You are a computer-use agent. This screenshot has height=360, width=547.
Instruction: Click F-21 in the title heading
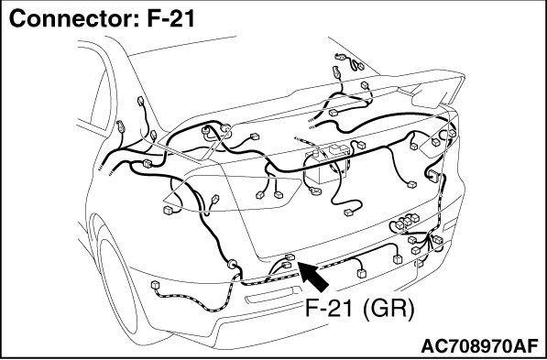point(171,18)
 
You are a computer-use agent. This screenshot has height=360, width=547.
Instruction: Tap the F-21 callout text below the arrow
point(331,308)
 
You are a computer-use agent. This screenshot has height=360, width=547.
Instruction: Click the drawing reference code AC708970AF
point(480,346)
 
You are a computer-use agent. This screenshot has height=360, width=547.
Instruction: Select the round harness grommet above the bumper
point(232,264)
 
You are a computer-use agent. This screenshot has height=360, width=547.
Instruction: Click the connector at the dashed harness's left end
point(155,285)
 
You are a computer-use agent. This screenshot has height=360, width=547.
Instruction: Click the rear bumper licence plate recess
point(273,296)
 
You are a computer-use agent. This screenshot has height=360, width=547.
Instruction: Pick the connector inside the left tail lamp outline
point(169,210)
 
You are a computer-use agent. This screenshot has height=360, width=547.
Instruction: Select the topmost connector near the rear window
point(341,57)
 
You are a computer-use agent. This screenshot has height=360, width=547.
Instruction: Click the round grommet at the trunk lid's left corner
point(207,131)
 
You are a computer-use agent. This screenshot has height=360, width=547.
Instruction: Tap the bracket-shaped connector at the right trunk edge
point(432,175)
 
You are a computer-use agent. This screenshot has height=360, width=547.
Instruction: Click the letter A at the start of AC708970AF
point(428,346)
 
